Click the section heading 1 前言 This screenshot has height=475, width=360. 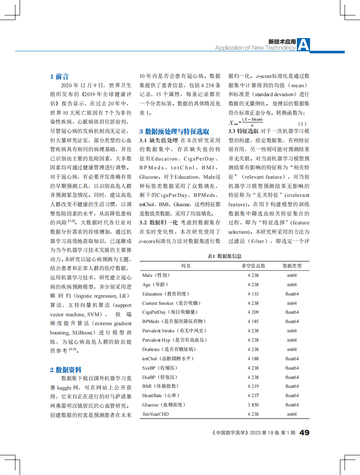pyautogui.click(x=59, y=77)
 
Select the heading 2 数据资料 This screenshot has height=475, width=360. pyautogui.click(x=66, y=370)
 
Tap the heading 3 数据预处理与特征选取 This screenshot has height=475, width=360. pyautogui.click(x=174, y=132)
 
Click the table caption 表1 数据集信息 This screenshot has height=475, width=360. pyautogui.click(x=224, y=256)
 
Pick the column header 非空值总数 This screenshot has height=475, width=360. pyautogui.click(x=253, y=266)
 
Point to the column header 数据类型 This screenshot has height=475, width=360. pyautogui.click(x=292, y=266)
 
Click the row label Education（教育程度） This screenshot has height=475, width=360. pyautogui.click(x=166, y=294)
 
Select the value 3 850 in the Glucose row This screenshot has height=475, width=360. pyautogui.click(x=253, y=405)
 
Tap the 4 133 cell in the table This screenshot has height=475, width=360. pyautogui.click(x=253, y=294)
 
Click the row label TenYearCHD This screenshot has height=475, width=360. pyautogui.click(x=155, y=414)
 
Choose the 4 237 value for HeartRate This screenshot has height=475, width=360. pyautogui.click(x=253, y=395)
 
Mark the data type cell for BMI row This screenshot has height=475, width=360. pyautogui.click(x=292, y=386)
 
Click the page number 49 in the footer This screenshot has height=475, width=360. pyautogui.click(x=305, y=433)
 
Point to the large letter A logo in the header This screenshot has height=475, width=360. pyautogui.click(x=304, y=44)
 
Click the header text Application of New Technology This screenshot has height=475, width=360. pyautogui.click(x=255, y=48)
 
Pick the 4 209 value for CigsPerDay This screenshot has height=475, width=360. pyautogui.click(x=253, y=312)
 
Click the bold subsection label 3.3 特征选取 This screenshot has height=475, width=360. pyautogui.click(x=243, y=131)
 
